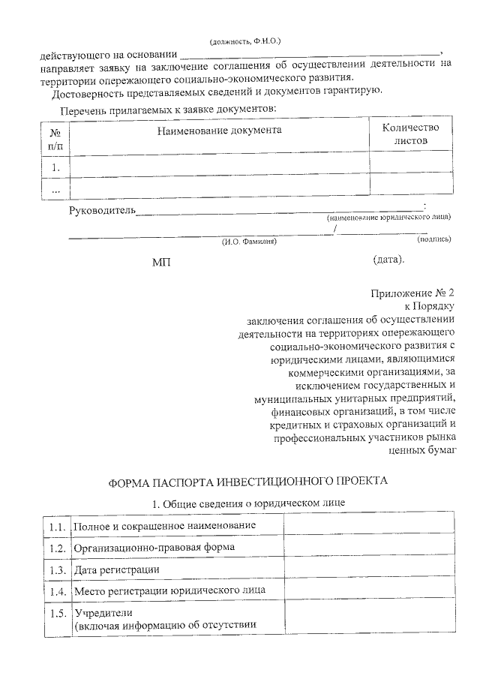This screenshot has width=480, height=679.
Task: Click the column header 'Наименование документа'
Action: click(x=219, y=130)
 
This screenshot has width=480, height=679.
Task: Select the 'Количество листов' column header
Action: click(x=410, y=134)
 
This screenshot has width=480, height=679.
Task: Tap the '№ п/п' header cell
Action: click(x=55, y=137)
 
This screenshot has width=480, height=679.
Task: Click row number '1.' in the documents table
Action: click(x=55, y=167)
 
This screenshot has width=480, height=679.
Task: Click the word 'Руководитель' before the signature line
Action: click(x=102, y=210)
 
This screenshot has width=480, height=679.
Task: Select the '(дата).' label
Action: click(x=388, y=260)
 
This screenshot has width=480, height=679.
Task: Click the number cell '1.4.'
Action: click(x=56, y=592)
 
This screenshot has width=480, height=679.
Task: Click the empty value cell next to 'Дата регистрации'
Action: click(x=367, y=570)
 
